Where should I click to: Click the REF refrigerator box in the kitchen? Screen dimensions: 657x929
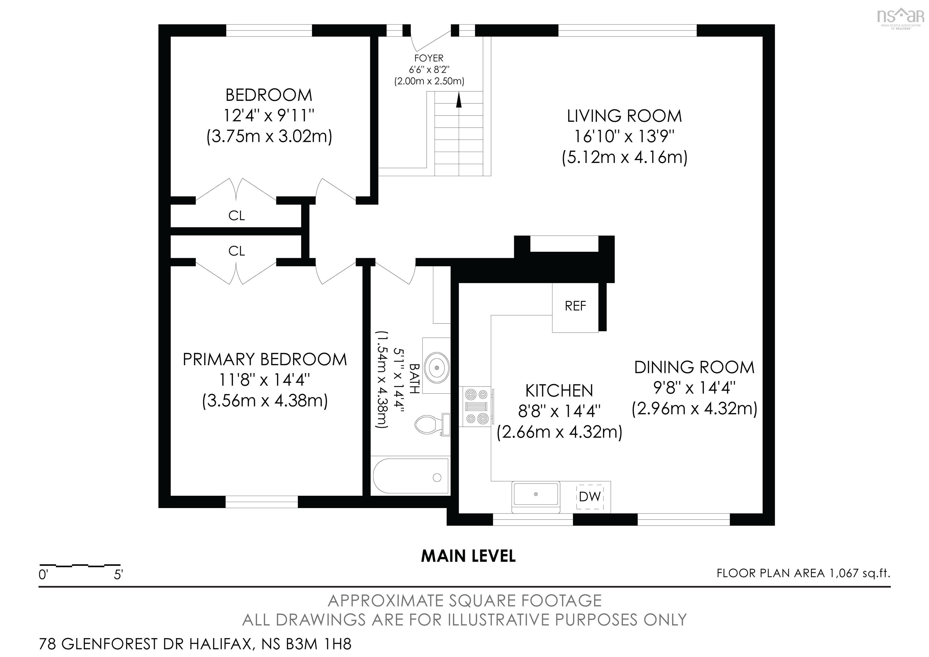[x=575, y=307]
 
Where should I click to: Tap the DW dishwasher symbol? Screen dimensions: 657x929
[x=589, y=497]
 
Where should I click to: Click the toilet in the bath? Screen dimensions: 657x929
[x=429, y=425]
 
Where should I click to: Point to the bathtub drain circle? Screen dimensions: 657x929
[x=437, y=478]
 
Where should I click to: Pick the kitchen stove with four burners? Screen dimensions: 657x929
[x=476, y=407]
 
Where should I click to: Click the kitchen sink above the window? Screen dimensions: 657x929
[x=536, y=495]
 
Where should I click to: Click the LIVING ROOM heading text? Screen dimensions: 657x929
[x=624, y=116]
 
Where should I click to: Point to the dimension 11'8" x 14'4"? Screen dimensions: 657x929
[x=265, y=380]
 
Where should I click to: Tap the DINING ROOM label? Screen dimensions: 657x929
[x=694, y=367]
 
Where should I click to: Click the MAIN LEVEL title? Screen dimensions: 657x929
[x=468, y=556]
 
